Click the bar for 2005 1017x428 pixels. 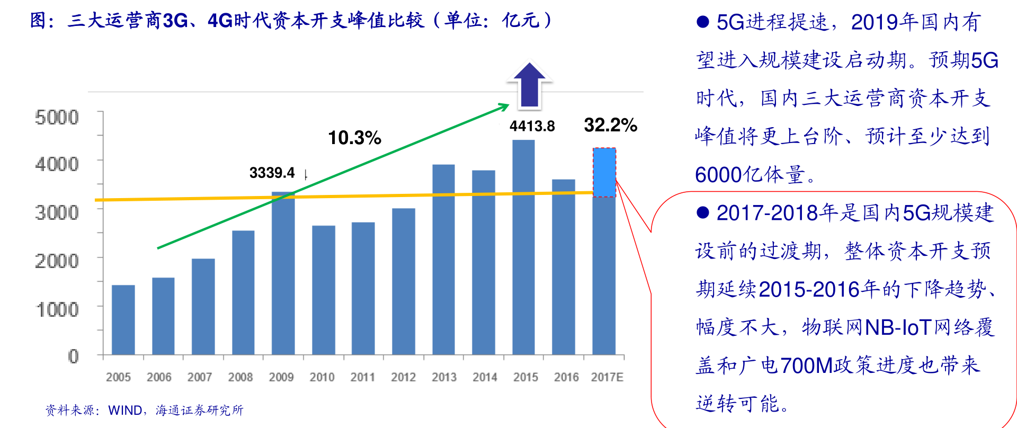tap(123, 320)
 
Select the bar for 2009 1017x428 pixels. tap(283, 273)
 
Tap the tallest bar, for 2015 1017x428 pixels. tap(523, 247)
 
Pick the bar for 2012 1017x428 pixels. tap(404, 281)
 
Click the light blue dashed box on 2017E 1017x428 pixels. tap(604, 173)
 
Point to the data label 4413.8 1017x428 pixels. tap(532, 126)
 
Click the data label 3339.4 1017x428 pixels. tap(272, 173)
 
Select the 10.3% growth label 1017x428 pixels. tap(354, 138)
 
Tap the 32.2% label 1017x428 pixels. tap(610, 125)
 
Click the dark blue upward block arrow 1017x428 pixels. tap(530, 85)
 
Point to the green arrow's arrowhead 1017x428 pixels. tap(504, 107)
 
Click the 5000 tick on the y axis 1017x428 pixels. tap(57, 117)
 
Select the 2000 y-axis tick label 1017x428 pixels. tap(57, 261)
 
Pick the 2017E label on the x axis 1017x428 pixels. tap(607, 377)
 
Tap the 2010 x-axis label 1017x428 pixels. tap(322, 377)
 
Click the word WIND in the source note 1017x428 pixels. tap(125, 411)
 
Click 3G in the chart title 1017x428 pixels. tap(175, 20)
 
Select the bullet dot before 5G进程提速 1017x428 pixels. tap(703, 22)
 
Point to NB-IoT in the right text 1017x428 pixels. tap(898, 327)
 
